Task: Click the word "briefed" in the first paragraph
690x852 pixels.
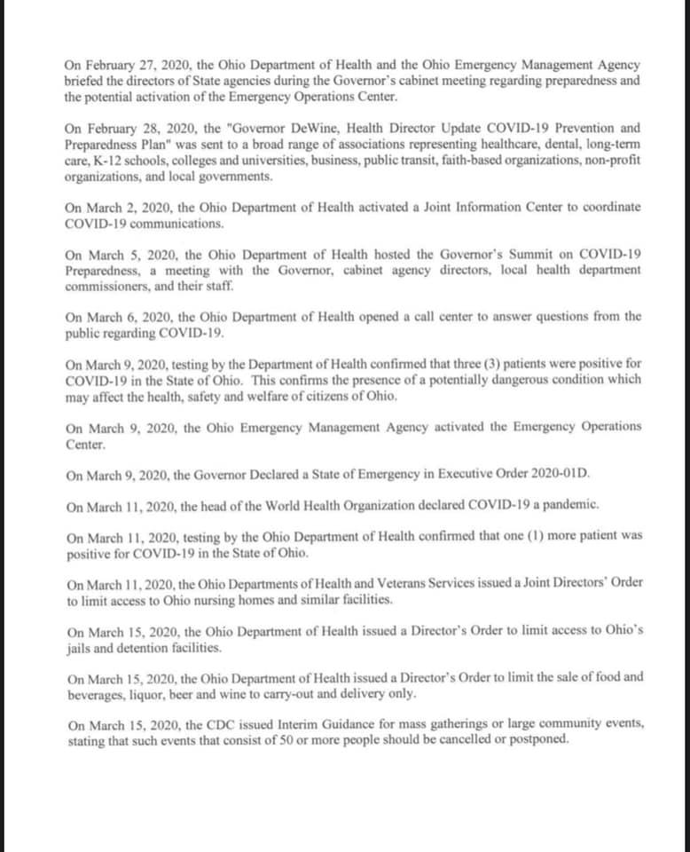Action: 85,82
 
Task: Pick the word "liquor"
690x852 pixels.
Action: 141,692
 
